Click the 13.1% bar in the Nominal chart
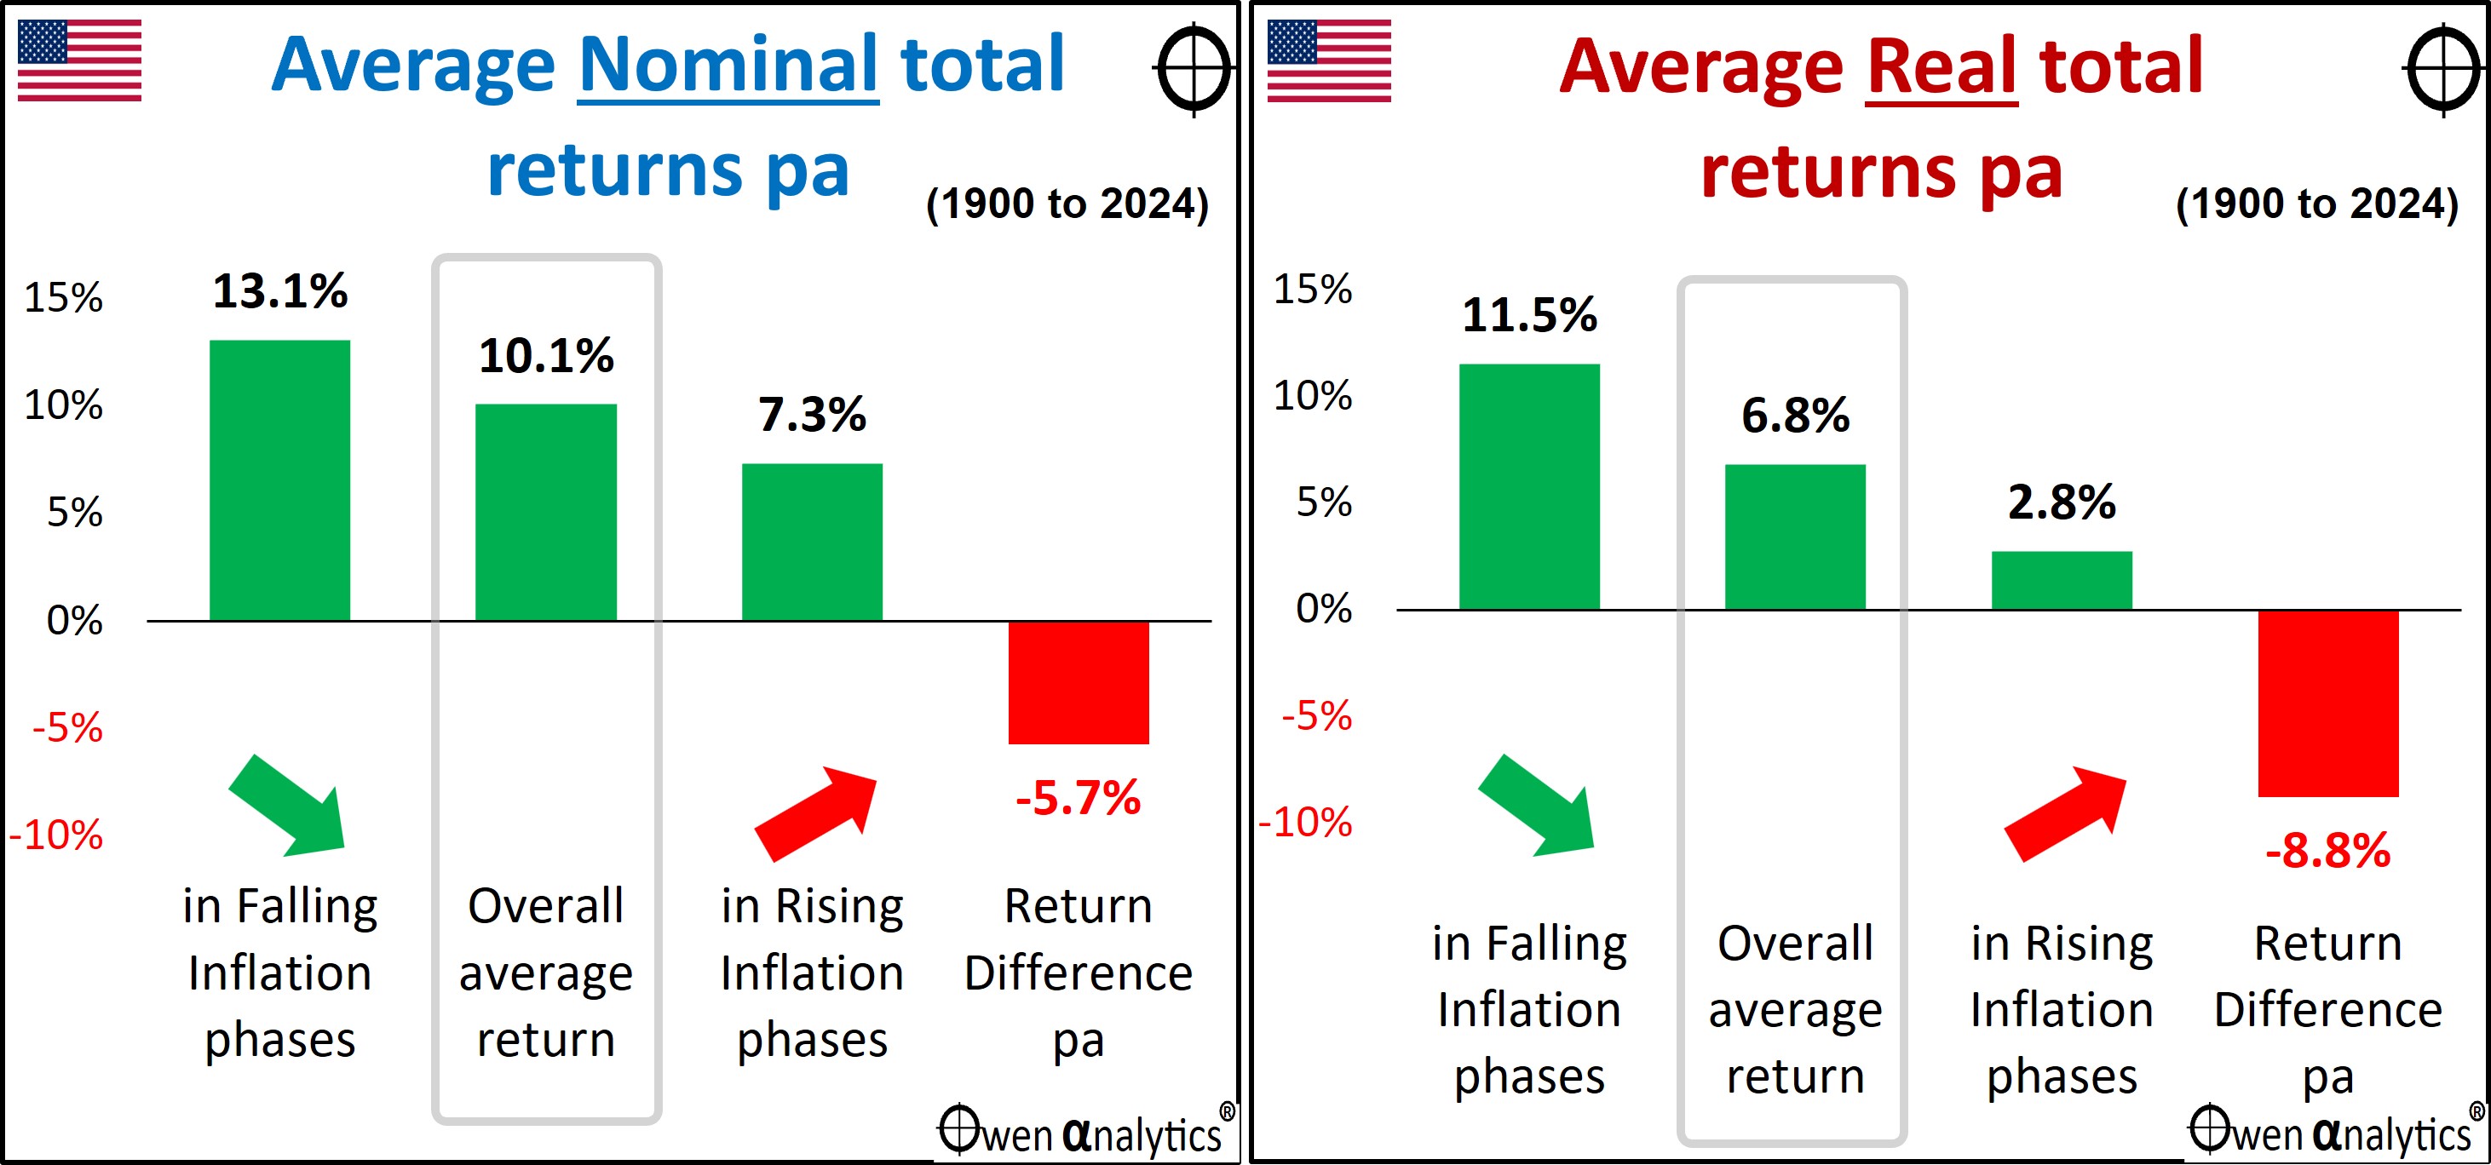[x=279, y=479]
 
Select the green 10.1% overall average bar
[x=545, y=512]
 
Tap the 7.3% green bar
[x=812, y=542]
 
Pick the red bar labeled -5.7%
[x=1079, y=683]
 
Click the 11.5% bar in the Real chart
[x=1529, y=486]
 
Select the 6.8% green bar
[x=1795, y=537]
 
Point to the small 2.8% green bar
[x=2062, y=580]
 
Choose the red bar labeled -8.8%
[x=2328, y=703]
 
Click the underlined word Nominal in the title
[x=728, y=66]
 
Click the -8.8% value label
[x=2327, y=851]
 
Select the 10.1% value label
[x=546, y=355]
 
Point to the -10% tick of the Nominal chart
[x=55, y=835]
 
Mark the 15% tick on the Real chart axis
[x=1312, y=289]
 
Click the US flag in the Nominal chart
[x=79, y=60]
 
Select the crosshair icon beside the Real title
[x=2443, y=70]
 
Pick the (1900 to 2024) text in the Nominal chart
[x=1067, y=204]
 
